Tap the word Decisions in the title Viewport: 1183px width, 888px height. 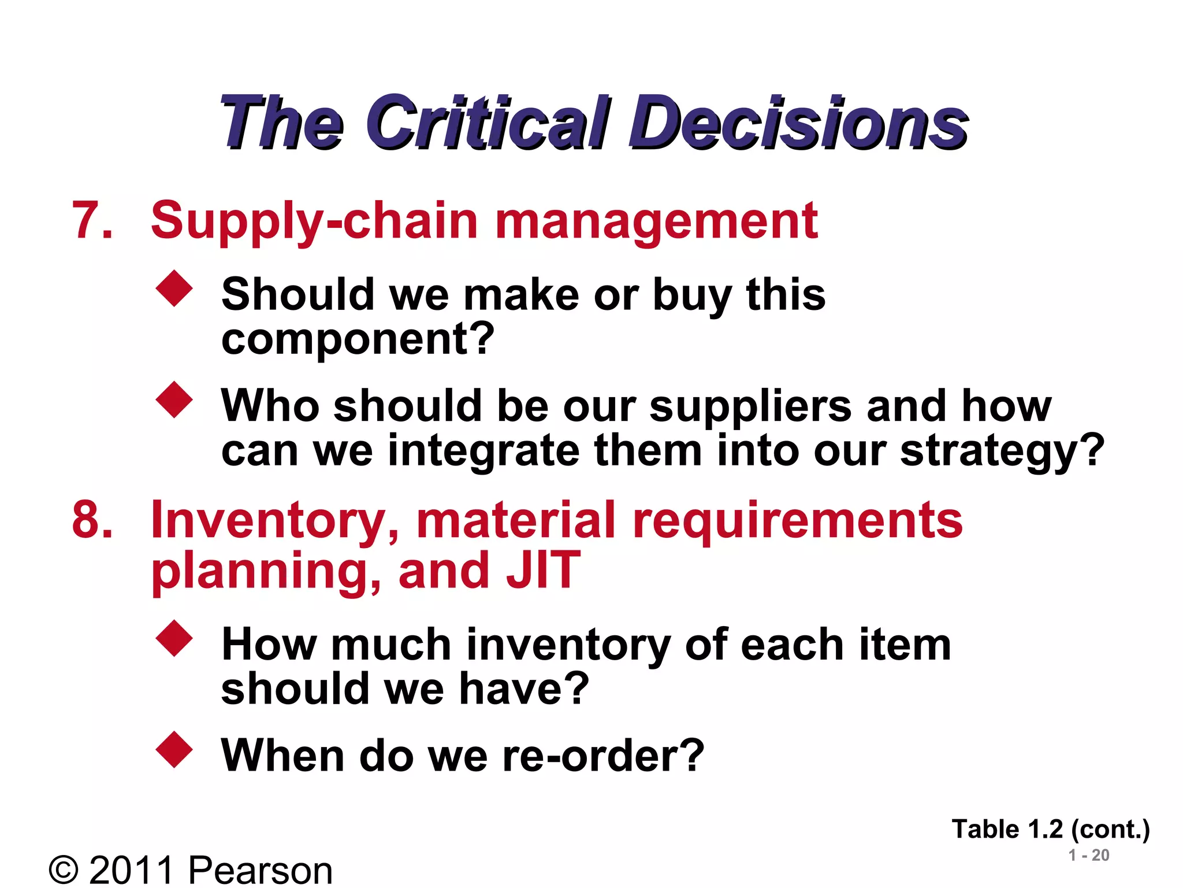[798, 123]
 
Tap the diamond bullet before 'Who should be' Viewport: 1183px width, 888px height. [174, 399]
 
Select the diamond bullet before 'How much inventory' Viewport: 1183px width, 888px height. [174, 638]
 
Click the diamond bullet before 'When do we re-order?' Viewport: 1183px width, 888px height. [174, 750]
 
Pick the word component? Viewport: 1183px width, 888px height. [358, 339]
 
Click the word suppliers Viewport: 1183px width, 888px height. [750, 406]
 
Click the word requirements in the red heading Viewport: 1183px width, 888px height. [797, 520]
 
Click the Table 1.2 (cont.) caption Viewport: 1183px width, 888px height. [1051, 830]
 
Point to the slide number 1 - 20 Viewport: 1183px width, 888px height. [1089, 856]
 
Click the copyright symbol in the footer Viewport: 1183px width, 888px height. [64, 869]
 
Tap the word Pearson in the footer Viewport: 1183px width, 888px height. [261, 869]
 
